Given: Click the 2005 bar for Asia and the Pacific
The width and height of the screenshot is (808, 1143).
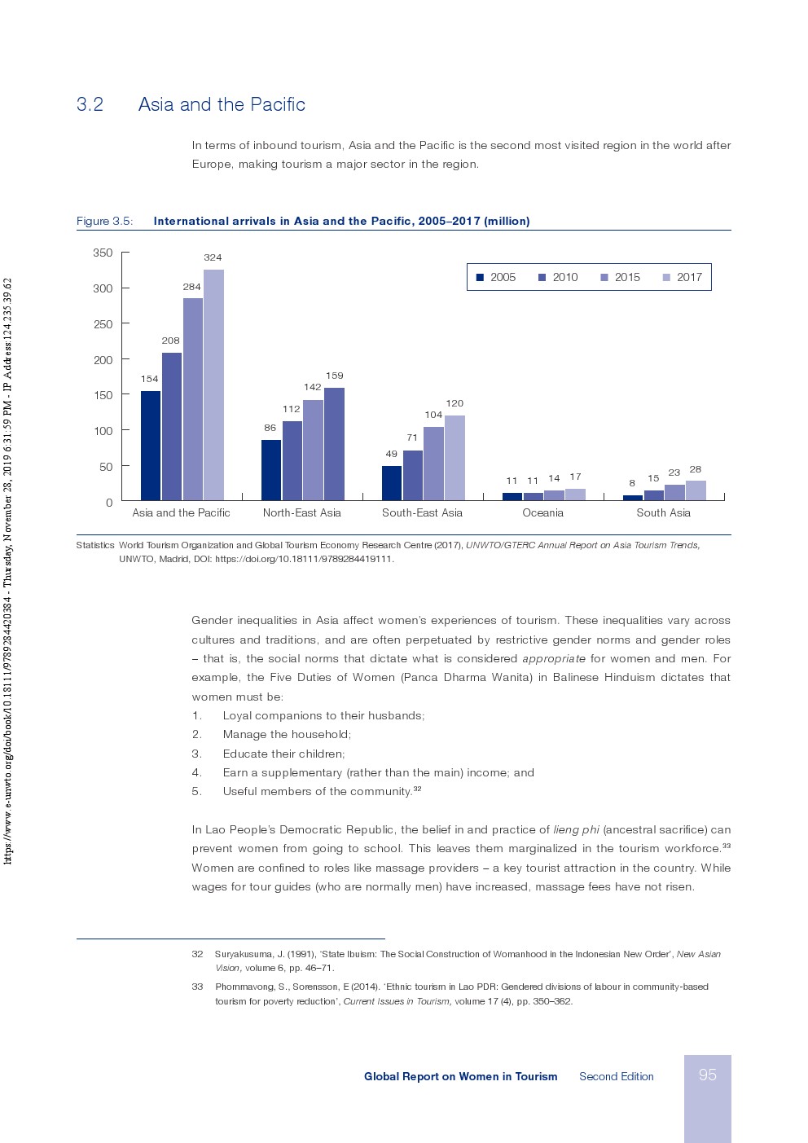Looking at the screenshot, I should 151,446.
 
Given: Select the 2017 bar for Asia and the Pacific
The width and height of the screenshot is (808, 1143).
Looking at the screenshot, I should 213,385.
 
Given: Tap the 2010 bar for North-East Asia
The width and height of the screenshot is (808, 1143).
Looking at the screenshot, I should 292,460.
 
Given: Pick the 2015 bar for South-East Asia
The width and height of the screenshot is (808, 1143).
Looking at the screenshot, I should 433,464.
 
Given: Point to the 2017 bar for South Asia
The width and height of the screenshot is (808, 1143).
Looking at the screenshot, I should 696,490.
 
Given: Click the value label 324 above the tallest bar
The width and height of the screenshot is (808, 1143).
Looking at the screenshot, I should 213,257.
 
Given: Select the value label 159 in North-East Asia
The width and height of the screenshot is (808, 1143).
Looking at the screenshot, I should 334,376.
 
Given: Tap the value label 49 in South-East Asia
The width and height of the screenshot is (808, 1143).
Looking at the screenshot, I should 391,454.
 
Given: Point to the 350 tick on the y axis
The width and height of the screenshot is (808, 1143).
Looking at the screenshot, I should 103,253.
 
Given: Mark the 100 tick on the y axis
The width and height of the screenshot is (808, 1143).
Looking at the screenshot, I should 103,431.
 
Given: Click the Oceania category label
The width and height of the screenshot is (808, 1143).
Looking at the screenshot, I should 542,512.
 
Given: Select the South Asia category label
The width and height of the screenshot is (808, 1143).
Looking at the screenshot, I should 663,512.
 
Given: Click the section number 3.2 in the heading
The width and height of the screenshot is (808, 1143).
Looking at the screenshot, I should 90,104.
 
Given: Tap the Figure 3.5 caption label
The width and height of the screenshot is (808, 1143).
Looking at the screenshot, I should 104,221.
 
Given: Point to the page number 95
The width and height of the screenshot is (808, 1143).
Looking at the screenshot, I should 707,1075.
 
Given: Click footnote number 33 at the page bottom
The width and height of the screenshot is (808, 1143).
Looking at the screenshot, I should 197,987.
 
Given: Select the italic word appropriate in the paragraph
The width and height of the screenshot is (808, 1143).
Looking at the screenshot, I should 553,658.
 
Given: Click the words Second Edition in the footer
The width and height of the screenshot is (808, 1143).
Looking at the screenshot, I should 616,1076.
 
